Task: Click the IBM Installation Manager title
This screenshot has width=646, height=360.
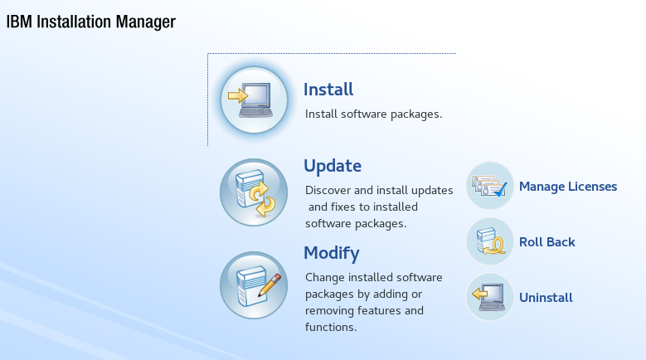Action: (91, 22)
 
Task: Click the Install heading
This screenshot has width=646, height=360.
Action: (328, 90)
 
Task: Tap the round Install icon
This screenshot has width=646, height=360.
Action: (254, 100)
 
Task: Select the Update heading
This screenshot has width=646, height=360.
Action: (333, 166)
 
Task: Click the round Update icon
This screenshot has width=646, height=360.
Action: (254, 192)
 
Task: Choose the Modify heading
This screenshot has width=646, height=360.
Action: (332, 253)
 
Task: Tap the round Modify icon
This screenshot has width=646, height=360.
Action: (254, 285)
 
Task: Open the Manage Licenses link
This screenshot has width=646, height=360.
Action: (568, 187)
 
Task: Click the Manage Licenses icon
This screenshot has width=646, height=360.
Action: (490, 186)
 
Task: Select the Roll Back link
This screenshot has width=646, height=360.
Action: (546, 242)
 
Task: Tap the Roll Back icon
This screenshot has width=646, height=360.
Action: (490, 241)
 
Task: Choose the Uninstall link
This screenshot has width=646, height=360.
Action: (546, 298)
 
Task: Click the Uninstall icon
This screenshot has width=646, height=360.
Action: (490, 297)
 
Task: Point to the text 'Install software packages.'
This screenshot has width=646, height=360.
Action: (373, 114)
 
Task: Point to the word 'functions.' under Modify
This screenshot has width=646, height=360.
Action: (331, 327)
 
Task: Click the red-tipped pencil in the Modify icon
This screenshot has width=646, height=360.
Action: (270, 285)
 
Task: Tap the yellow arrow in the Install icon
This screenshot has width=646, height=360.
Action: (238, 96)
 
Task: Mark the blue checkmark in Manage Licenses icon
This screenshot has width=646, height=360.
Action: (500, 190)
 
